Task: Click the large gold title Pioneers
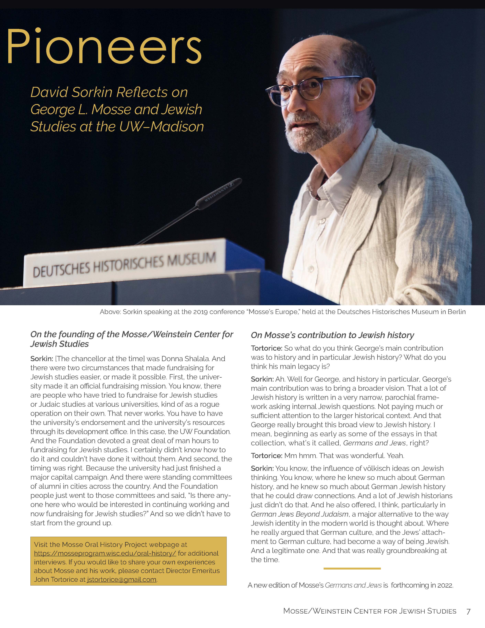(104, 46)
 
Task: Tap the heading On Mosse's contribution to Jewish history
(332, 335)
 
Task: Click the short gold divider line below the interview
(352, 569)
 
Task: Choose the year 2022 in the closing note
(445, 585)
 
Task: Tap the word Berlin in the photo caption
(456, 312)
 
